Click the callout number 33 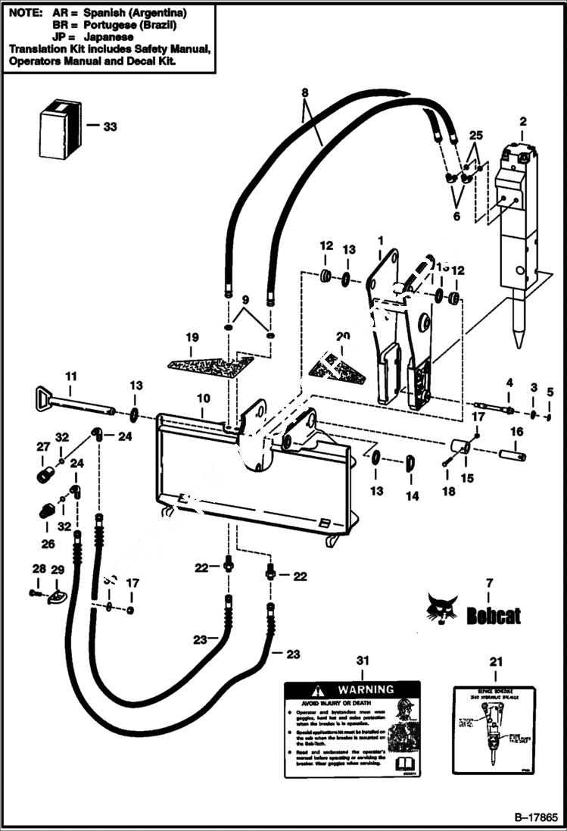click(110, 127)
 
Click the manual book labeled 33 click(58, 130)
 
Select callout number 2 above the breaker click(522, 121)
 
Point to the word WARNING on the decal click(366, 689)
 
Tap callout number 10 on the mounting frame click(203, 398)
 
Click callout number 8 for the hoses click(304, 92)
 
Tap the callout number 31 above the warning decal click(363, 661)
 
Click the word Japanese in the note click(111, 36)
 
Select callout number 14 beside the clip click(412, 496)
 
